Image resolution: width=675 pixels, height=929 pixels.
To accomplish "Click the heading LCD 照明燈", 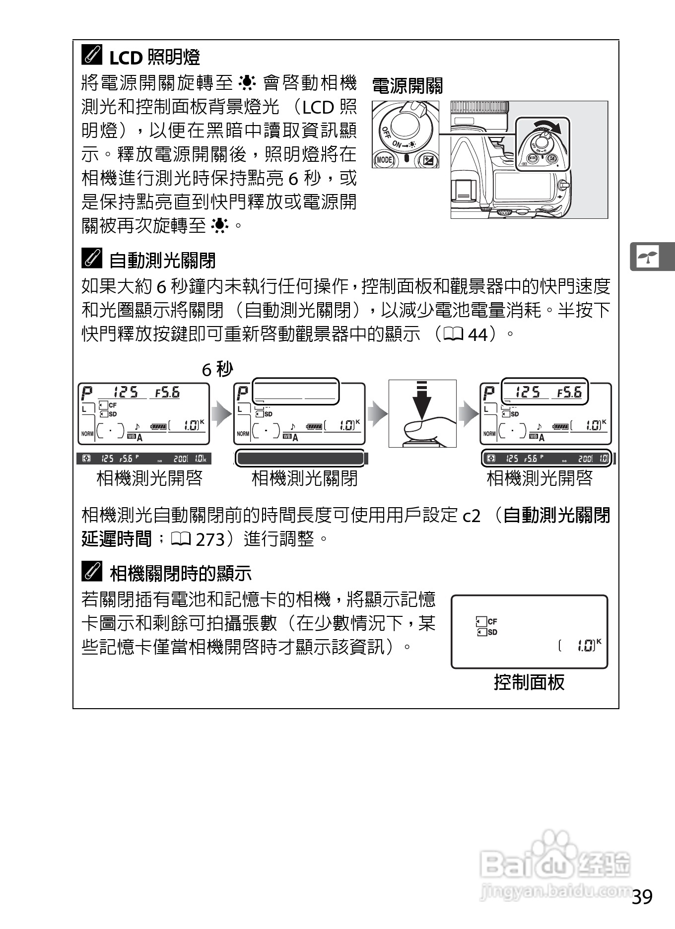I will [154, 58].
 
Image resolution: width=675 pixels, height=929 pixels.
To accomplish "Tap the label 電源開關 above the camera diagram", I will [407, 86].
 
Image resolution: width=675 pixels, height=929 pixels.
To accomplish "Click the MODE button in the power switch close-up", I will [384, 160].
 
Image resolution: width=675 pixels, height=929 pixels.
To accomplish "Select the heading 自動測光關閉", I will [162, 260].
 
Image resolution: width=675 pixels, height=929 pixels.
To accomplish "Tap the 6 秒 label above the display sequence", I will [217, 369].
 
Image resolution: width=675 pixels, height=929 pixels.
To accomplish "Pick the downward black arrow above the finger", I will [422, 399].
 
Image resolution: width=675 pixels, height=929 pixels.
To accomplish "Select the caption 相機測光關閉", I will [304, 478].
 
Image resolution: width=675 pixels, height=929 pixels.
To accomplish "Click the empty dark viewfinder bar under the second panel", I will [300, 458].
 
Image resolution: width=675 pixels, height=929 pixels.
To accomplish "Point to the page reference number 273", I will [210, 539].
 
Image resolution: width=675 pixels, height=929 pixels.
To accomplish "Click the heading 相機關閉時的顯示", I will [181, 574].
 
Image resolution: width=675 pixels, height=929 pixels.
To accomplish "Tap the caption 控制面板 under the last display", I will [529, 682].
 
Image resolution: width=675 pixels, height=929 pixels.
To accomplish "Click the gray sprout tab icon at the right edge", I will [648, 257].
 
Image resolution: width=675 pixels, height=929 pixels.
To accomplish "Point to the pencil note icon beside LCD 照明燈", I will [92, 56].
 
